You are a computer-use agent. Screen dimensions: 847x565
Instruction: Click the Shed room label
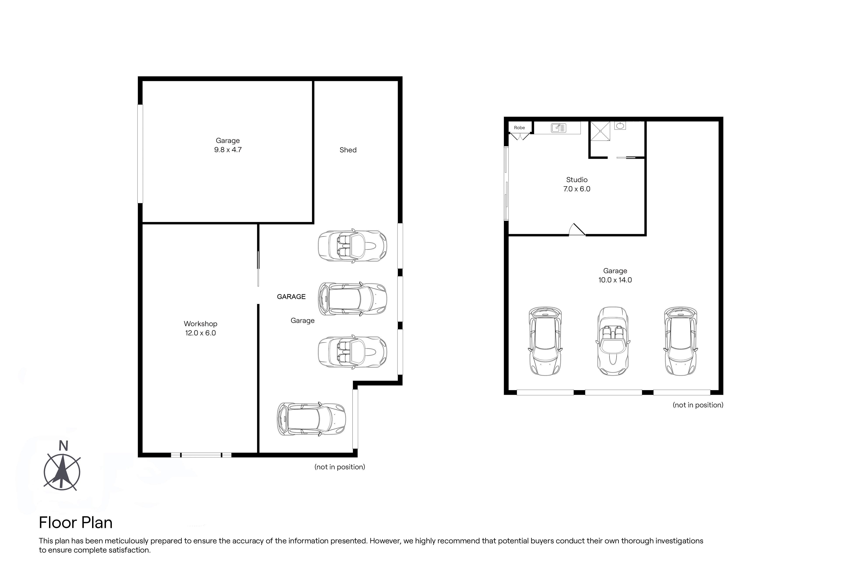click(348, 150)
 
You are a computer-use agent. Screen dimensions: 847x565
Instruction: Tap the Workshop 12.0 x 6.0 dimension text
click(201, 333)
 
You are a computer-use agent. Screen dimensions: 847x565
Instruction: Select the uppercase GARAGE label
click(291, 297)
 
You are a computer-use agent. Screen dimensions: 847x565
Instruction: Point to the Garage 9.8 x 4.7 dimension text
click(228, 150)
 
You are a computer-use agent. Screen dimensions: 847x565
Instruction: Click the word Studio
click(577, 180)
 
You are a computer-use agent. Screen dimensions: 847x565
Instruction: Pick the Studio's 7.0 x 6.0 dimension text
click(577, 189)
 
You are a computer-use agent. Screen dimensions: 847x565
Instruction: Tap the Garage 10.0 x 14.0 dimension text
click(615, 280)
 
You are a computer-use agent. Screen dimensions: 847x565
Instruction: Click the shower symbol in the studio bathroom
click(600, 131)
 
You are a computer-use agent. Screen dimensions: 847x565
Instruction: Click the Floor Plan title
click(76, 523)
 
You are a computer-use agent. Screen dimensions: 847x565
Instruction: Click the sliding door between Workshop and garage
click(258, 269)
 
